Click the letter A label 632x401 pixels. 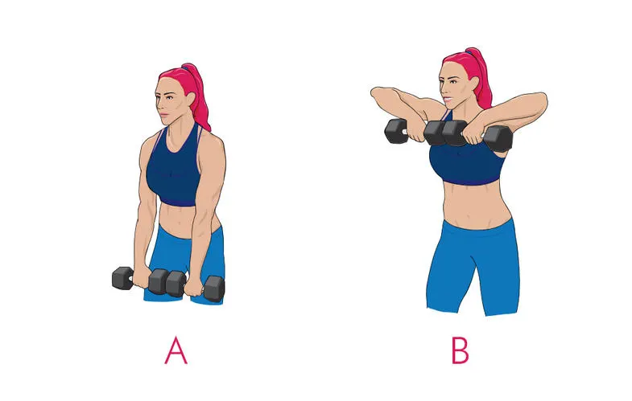click(x=176, y=350)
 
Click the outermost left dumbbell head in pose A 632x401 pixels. click(x=122, y=278)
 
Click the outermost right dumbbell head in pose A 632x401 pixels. click(x=214, y=288)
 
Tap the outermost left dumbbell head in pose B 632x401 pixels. click(x=396, y=130)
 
